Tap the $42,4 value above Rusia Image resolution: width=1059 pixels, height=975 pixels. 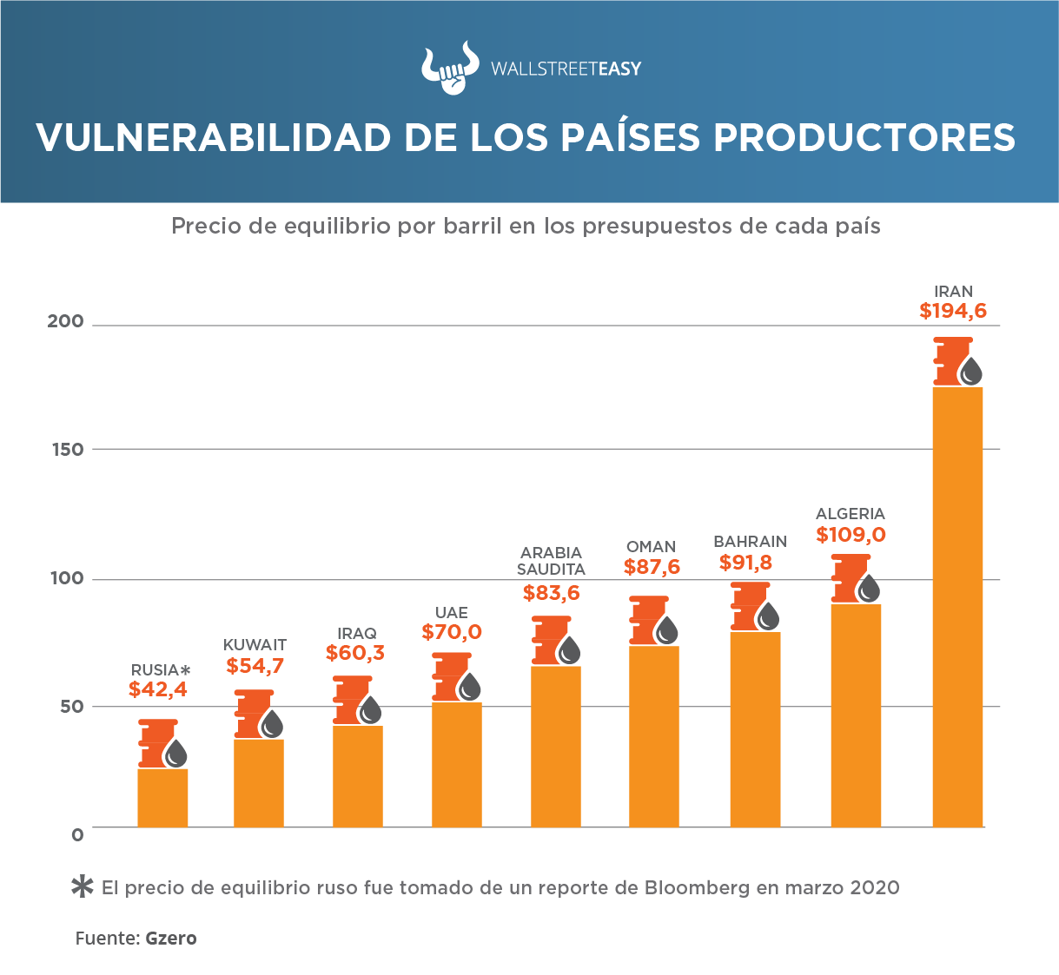pyautogui.click(x=157, y=689)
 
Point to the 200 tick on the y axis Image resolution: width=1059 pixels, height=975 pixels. pyautogui.click(x=66, y=322)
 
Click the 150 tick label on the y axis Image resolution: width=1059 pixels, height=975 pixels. pyautogui.click(x=66, y=450)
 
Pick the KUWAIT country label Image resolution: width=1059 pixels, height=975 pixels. pyautogui.click(x=255, y=645)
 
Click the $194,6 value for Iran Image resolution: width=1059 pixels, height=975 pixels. pyautogui.click(x=953, y=311)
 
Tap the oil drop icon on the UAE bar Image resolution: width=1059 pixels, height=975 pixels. pyautogui.click(x=470, y=688)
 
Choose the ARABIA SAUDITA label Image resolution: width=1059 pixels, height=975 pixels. pyautogui.click(x=551, y=561)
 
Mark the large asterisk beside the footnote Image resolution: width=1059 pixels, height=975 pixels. pyautogui.click(x=83, y=887)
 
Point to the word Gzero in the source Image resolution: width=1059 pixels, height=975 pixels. pyautogui.click(x=171, y=939)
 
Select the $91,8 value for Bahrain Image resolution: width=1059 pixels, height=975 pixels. pyautogui.click(x=745, y=563)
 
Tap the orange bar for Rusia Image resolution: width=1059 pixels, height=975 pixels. pyautogui.click(x=162, y=797)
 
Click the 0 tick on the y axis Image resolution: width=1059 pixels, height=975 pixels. pyautogui.click(x=77, y=834)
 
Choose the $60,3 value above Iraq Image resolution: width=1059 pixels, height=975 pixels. pyautogui.click(x=354, y=653)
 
